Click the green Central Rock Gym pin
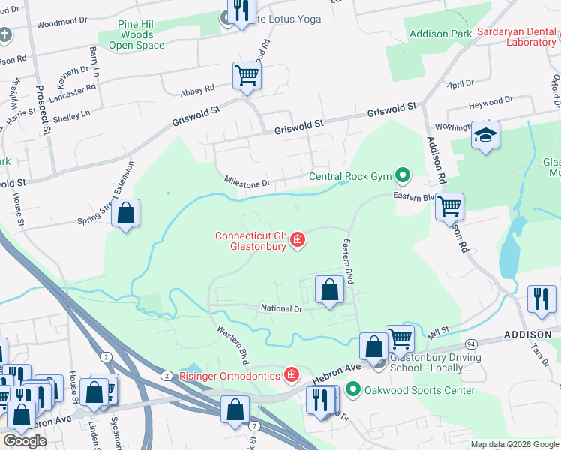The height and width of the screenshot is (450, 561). [x=403, y=177]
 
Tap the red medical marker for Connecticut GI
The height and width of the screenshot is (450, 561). [x=298, y=240]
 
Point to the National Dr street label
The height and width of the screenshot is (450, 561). [x=281, y=308]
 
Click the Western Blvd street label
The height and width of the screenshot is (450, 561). [x=232, y=343]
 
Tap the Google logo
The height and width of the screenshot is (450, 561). [x=24, y=441]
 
